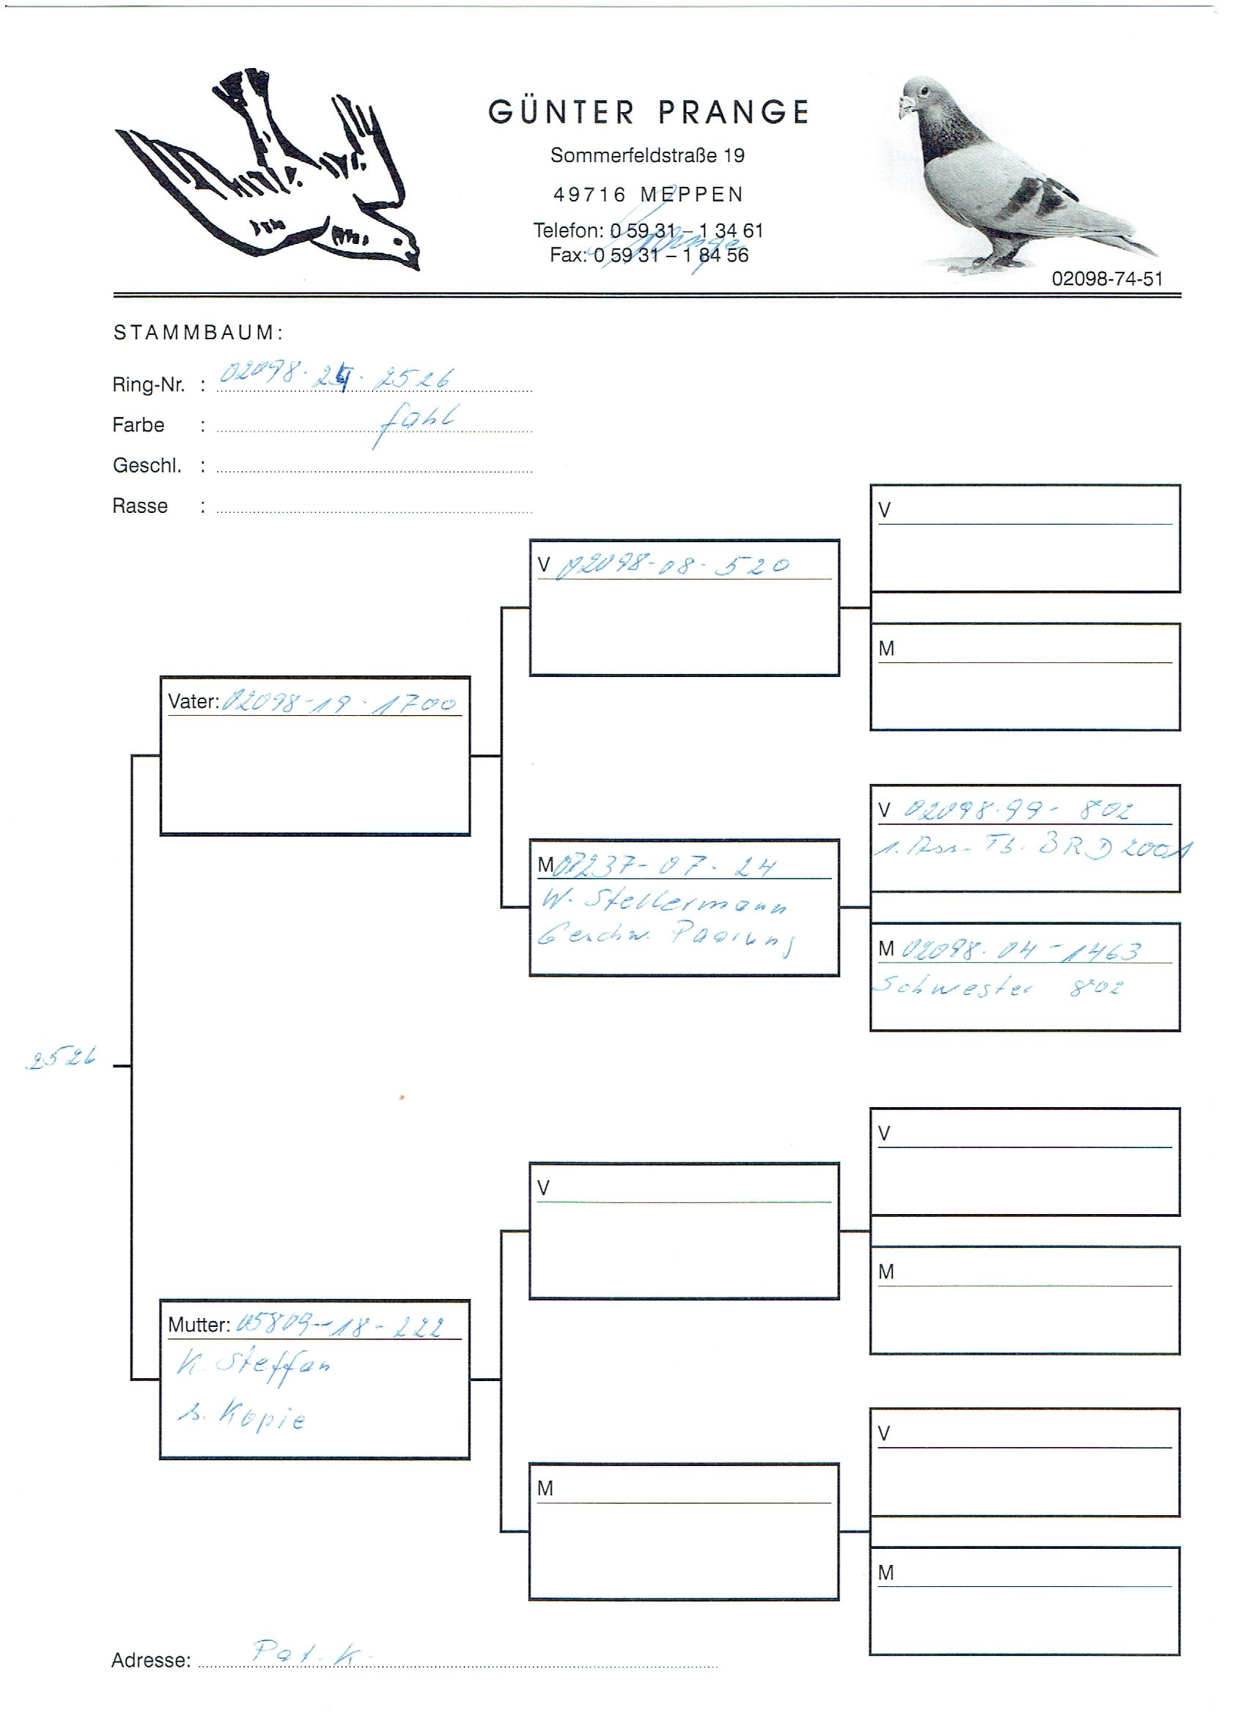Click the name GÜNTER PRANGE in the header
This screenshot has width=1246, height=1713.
(x=649, y=113)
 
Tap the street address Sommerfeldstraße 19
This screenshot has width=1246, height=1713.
(x=646, y=155)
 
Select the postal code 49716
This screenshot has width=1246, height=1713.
(x=589, y=195)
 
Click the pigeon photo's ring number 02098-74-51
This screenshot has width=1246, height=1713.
(x=1106, y=278)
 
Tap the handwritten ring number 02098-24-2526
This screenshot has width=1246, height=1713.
(x=336, y=375)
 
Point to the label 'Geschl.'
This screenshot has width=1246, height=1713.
(x=147, y=465)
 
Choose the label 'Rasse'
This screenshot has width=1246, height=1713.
(x=140, y=506)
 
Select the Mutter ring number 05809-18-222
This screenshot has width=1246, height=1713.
(x=340, y=1325)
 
